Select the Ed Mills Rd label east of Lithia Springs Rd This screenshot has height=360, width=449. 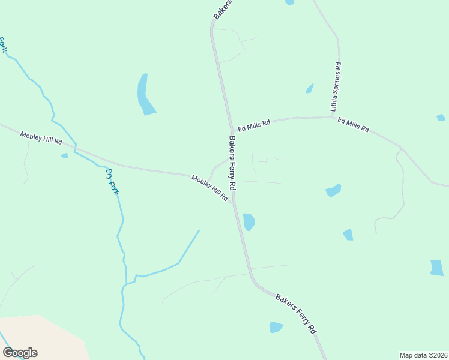point(353,125)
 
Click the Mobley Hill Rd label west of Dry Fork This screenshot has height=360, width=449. point(41,138)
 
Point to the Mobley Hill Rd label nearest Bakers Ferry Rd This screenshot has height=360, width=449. point(210,188)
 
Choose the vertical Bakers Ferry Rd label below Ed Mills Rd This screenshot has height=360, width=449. point(232,164)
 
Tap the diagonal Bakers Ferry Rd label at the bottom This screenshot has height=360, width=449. point(295,314)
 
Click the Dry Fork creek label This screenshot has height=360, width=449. point(112,182)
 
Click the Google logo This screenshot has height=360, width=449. point(20,352)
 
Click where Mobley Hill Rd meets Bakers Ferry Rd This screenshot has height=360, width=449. point(233,203)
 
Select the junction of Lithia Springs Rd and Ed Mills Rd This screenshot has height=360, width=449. point(334,117)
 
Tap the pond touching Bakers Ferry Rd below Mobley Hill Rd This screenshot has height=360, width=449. point(249,221)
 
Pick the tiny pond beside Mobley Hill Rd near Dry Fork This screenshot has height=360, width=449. point(64,156)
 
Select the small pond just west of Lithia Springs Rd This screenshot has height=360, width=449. point(310,89)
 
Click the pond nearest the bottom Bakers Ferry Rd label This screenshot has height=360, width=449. point(276,327)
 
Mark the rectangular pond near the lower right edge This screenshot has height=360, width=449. point(437,268)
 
